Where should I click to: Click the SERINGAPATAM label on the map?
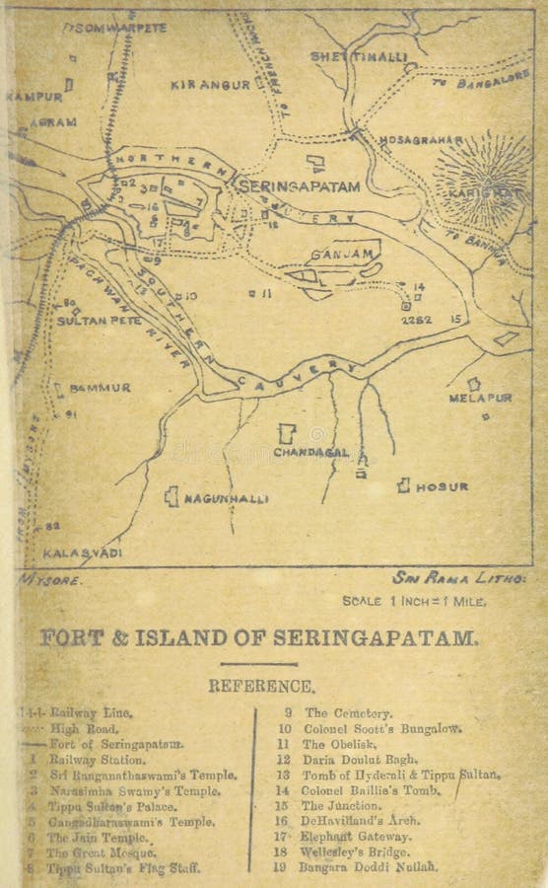[295, 185]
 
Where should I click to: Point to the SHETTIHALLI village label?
[359, 57]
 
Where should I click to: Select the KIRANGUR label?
[210, 86]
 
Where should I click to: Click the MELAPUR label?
[480, 398]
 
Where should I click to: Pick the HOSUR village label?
[441, 486]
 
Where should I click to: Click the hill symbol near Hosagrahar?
[482, 178]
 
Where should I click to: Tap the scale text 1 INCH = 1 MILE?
[413, 600]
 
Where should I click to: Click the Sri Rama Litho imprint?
[458, 578]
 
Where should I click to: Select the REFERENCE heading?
[261, 686]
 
